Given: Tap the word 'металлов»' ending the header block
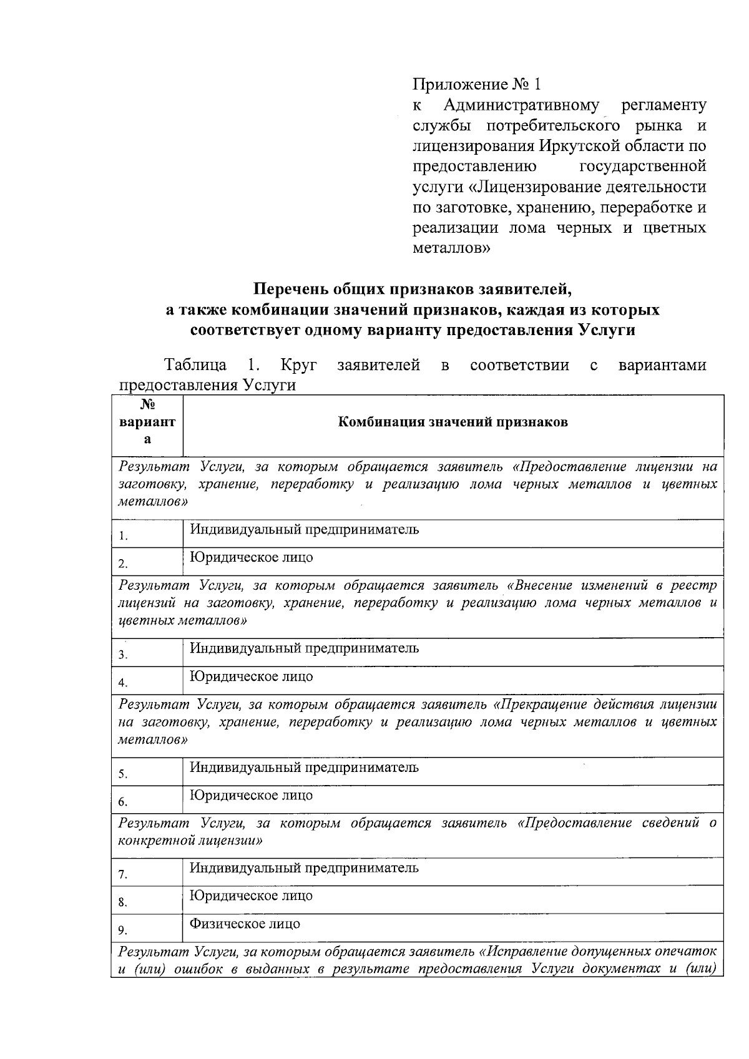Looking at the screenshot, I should [x=451, y=248].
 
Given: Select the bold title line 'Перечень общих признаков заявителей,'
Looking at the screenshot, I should [x=412, y=289].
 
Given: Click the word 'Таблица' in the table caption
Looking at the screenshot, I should [x=195, y=365].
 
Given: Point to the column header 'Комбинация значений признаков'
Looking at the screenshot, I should [x=453, y=422].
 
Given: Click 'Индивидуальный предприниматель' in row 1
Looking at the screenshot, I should [x=304, y=530].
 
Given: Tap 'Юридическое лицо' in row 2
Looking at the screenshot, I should [x=251, y=558].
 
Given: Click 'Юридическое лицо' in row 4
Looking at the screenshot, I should [x=251, y=676].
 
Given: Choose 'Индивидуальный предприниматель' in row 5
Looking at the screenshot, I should [x=304, y=768].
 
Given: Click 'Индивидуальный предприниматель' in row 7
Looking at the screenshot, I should [x=304, y=868].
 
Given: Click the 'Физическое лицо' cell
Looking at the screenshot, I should [x=245, y=924].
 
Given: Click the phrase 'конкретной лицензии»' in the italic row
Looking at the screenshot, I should [x=190, y=840].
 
